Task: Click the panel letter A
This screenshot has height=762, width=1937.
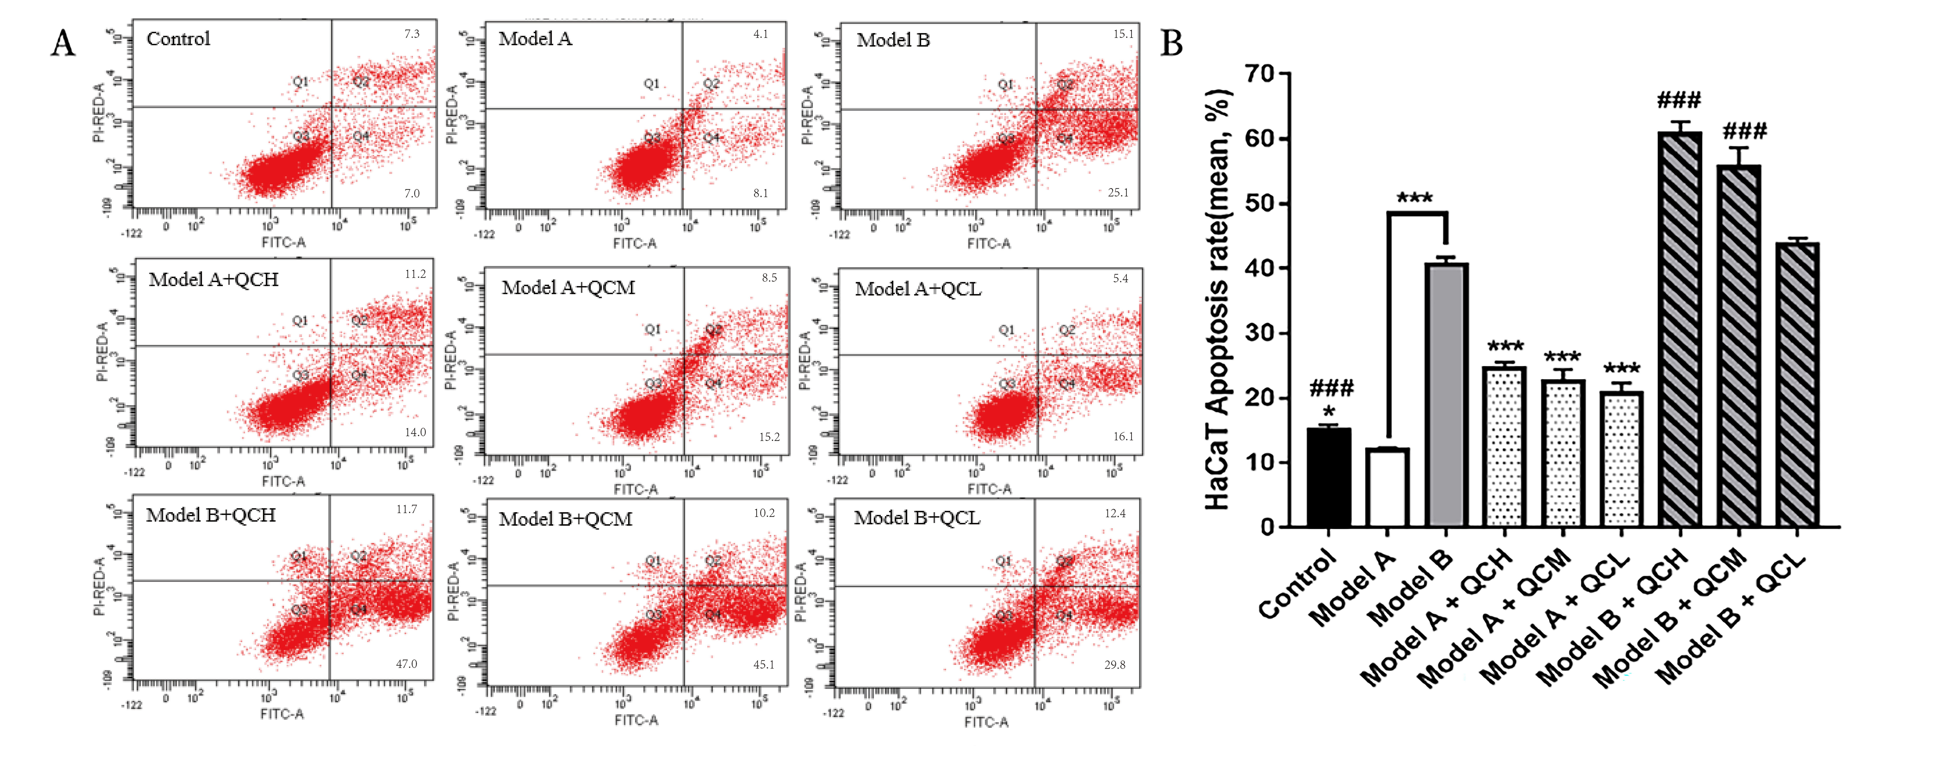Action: coord(63,44)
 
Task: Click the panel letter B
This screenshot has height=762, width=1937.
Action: coord(1172,44)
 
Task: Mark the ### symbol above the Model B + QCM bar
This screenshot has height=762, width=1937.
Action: coord(1745,132)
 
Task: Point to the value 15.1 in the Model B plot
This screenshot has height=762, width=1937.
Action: coord(1123,34)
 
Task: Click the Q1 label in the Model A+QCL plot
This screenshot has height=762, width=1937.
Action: coord(1006,329)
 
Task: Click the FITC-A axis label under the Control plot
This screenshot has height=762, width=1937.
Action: coord(284,242)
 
